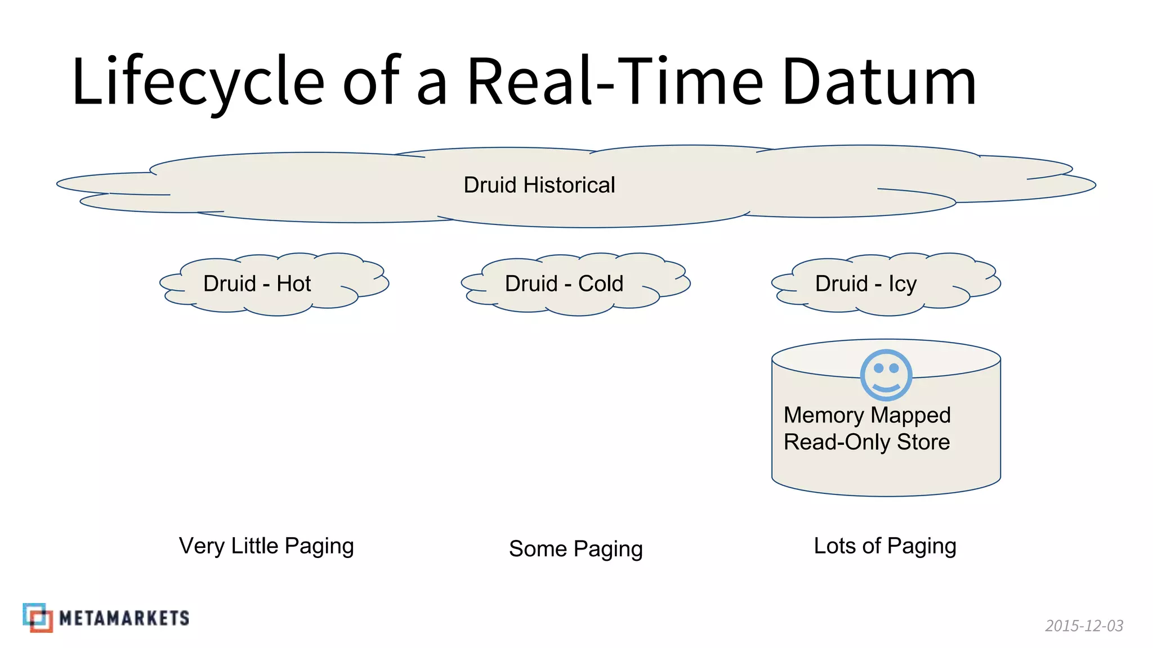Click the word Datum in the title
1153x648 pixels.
(879, 82)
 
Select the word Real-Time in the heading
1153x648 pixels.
(615, 82)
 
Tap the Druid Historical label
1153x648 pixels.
(539, 185)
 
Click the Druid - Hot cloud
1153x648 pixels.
(274, 284)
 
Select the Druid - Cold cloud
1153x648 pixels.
(575, 284)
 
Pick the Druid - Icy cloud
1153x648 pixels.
(886, 284)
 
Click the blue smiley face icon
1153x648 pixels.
(886, 375)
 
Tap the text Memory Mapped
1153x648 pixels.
(867, 415)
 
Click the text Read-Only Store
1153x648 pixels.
(866, 442)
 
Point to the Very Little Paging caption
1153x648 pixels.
(266, 546)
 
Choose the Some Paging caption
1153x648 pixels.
(575, 548)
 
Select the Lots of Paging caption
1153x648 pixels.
(885, 546)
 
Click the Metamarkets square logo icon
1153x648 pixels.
(38, 618)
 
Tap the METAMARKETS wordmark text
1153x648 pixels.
(124, 618)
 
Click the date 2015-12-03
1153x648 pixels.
(1084, 625)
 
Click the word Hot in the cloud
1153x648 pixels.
(293, 284)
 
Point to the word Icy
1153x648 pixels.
(902, 284)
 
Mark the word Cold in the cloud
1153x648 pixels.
(601, 284)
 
